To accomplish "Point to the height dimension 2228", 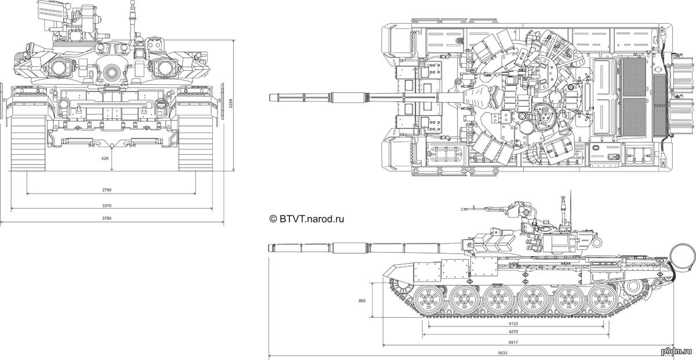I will pyautogui.click(x=230, y=104).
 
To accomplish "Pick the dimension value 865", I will pyautogui.click(x=361, y=301).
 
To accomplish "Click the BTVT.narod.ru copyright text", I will pyautogui.click(x=307, y=219).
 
